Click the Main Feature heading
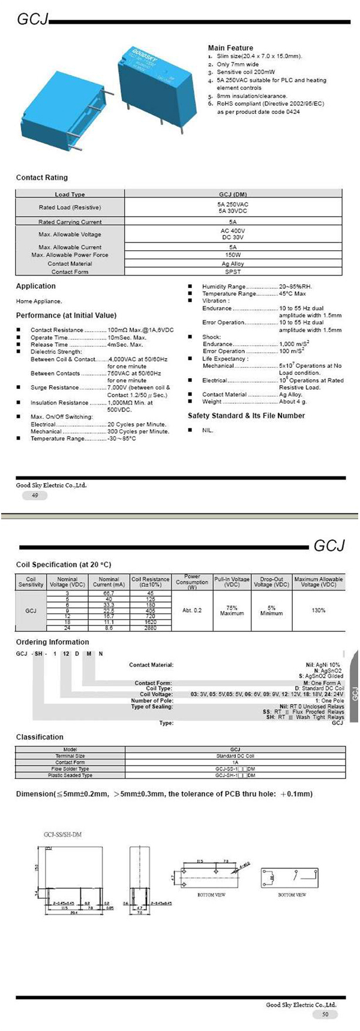click(x=230, y=48)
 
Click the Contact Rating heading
click(x=42, y=178)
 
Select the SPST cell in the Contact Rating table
click(x=233, y=272)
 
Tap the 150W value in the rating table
click(x=233, y=255)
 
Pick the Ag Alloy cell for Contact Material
click(x=233, y=263)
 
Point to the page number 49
click(x=35, y=495)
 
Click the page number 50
click(x=325, y=1014)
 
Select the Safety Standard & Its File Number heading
click(x=246, y=416)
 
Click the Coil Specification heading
click(x=64, y=565)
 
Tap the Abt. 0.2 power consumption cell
click(x=192, y=610)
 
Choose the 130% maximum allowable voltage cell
click(x=319, y=610)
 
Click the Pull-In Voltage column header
click(x=232, y=582)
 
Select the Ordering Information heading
click(x=53, y=642)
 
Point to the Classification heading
click(x=40, y=737)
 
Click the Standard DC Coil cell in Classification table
click(x=235, y=756)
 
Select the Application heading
click(x=35, y=286)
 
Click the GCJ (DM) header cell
click(x=233, y=194)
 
